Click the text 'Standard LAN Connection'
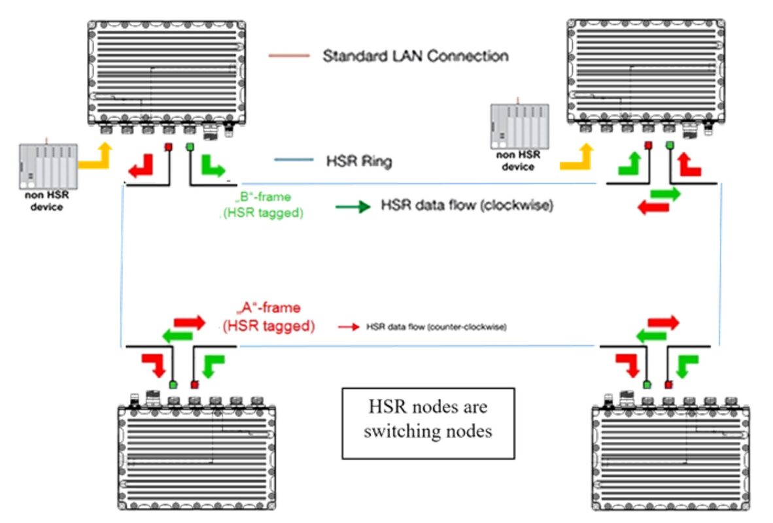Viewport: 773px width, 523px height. pyautogui.click(x=415, y=56)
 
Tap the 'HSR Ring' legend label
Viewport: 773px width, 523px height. pyautogui.click(x=359, y=161)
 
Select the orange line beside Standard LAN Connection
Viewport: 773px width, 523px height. pyautogui.click(x=288, y=56)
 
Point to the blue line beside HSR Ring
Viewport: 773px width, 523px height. pyautogui.click(x=294, y=160)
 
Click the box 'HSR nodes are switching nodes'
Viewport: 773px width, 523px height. pyautogui.click(x=428, y=422)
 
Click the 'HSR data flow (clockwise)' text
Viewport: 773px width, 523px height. pyautogui.click(x=468, y=206)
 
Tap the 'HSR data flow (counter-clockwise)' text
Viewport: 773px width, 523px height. pyautogui.click(x=437, y=326)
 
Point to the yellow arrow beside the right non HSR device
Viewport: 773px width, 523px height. pyautogui.click(x=577, y=158)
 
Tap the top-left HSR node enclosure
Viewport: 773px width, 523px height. pyautogui.click(x=168, y=73)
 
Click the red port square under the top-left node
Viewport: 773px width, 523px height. pyautogui.click(x=168, y=146)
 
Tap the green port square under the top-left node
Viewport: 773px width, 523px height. pyautogui.click(x=190, y=146)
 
